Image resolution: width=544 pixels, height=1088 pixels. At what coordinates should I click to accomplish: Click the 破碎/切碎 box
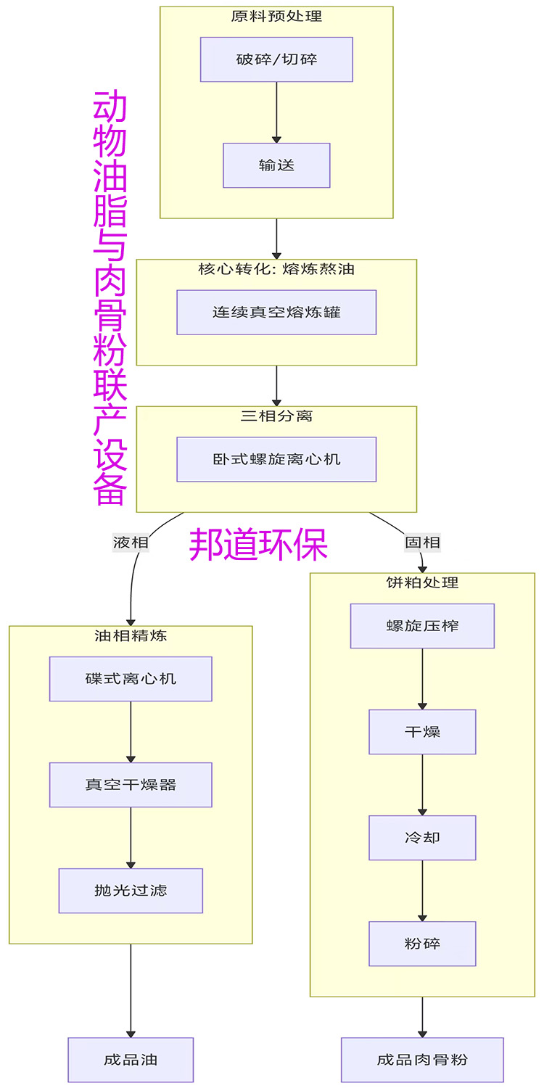(x=276, y=59)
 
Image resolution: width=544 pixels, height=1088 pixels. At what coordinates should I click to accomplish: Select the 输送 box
(x=276, y=165)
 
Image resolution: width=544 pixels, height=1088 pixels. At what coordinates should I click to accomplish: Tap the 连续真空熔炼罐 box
(x=276, y=313)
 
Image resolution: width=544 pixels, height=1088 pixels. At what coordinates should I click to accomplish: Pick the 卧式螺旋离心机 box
(x=276, y=459)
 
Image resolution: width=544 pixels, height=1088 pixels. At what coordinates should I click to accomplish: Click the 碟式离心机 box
(x=131, y=679)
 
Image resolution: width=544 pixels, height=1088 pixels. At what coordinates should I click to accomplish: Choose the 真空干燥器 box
(x=131, y=785)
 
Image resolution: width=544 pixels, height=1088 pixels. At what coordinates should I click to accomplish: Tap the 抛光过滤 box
(x=131, y=891)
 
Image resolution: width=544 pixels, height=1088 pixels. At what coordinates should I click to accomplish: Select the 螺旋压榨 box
(x=422, y=626)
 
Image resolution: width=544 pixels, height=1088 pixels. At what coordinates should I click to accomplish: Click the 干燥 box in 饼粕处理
(x=422, y=732)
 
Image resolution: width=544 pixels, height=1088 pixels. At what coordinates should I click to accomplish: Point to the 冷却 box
(x=422, y=838)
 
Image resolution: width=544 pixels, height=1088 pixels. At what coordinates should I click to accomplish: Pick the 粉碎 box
(x=422, y=944)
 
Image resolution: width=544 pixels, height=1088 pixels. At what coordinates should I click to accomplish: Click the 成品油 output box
(x=131, y=1060)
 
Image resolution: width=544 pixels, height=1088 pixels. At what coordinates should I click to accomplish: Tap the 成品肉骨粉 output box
(x=422, y=1060)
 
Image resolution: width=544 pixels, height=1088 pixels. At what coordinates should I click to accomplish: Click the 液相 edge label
(x=131, y=543)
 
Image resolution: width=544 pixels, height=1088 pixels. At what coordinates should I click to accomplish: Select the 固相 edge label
(x=422, y=543)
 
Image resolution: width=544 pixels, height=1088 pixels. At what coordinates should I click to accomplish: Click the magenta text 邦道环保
(x=258, y=544)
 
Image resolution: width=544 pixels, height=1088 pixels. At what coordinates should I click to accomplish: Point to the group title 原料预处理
(x=276, y=16)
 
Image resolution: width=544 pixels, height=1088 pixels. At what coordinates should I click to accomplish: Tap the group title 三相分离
(x=276, y=416)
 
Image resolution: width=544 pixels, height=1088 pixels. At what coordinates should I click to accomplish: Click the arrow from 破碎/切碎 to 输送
(x=276, y=112)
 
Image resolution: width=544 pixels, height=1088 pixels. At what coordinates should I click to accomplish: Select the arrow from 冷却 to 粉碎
(x=422, y=891)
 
